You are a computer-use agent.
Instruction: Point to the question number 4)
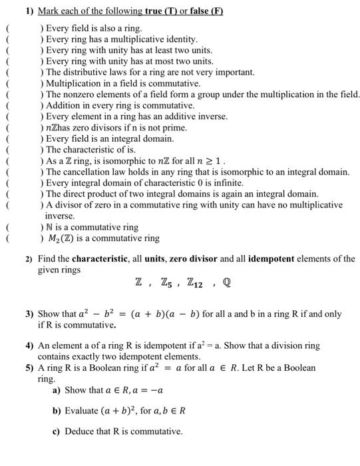click(30, 346)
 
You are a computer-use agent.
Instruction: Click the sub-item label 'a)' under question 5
click(57, 390)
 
